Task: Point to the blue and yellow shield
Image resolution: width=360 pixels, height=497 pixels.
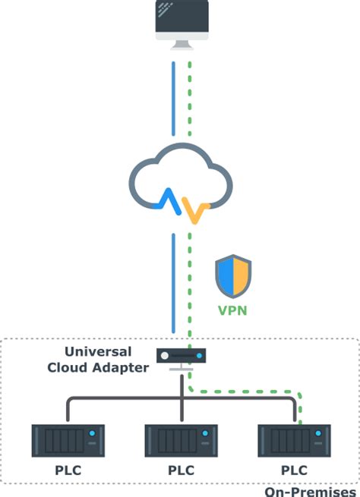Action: (x=233, y=276)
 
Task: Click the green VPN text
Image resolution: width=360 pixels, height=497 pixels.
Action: (x=233, y=310)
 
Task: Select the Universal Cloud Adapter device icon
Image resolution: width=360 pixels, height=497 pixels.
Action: (x=181, y=355)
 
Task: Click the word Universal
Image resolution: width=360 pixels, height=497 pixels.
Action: (x=99, y=352)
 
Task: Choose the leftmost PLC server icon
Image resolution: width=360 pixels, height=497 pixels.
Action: (x=68, y=441)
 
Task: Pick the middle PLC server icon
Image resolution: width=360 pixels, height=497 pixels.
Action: (x=181, y=441)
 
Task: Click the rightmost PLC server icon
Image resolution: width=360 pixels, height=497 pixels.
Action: (x=294, y=441)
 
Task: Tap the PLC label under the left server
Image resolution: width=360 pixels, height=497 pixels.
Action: (x=67, y=470)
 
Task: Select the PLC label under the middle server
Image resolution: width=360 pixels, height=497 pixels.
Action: (x=181, y=470)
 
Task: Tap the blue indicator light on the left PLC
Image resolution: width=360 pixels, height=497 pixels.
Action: (x=91, y=433)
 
